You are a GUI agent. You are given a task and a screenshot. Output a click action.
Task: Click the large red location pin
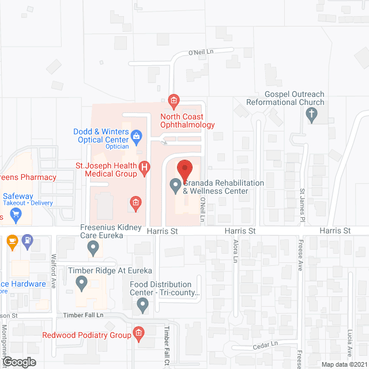[x=184, y=170]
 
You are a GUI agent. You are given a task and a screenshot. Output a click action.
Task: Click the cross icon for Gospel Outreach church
[x=312, y=115]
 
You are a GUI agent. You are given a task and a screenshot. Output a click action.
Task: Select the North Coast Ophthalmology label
[x=187, y=121]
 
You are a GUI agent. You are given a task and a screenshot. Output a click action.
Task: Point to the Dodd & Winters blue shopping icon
[x=137, y=136]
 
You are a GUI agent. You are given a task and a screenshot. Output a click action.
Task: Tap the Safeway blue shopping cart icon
[x=16, y=215]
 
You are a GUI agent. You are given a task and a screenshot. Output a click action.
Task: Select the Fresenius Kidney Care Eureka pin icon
[x=93, y=248]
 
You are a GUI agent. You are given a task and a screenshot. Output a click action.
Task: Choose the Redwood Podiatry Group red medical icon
[x=138, y=333]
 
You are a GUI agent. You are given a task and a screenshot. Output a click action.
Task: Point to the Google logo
[x=19, y=362]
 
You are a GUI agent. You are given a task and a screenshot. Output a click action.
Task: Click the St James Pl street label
[x=302, y=205]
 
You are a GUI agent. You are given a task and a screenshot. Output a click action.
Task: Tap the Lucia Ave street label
[x=349, y=344]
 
